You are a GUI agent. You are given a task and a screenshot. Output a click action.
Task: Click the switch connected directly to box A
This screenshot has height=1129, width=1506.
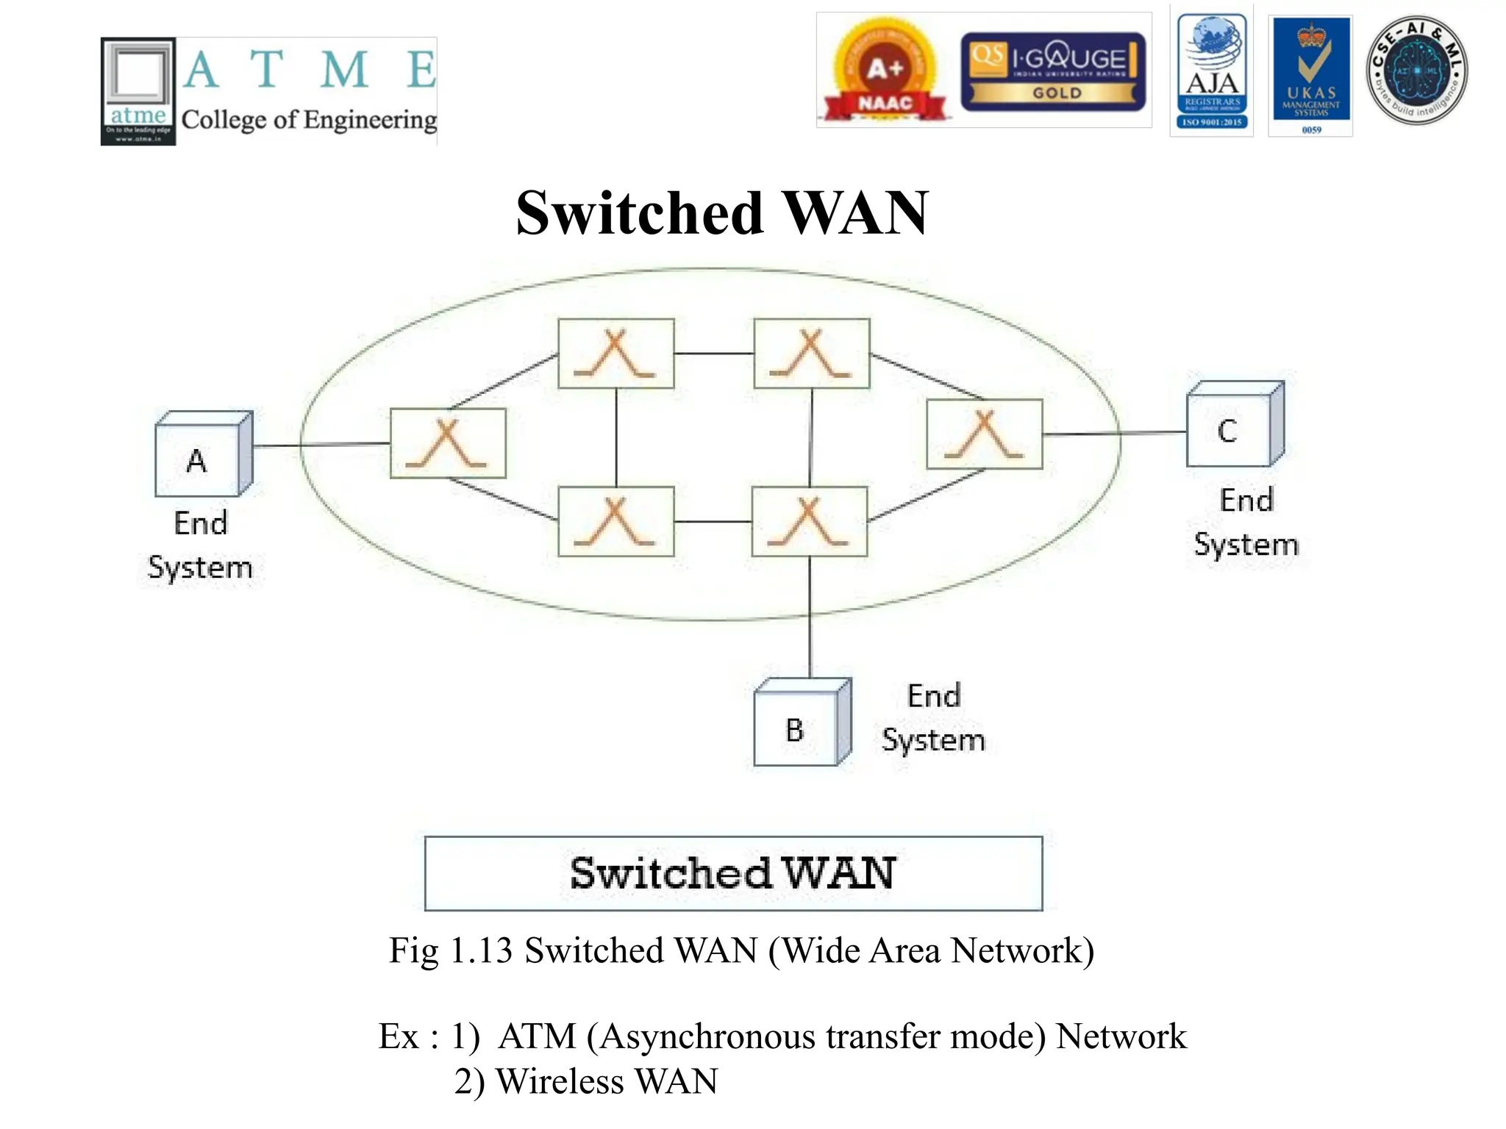(x=448, y=443)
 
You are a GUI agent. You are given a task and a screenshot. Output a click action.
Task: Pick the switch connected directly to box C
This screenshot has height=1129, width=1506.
(x=984, y=434)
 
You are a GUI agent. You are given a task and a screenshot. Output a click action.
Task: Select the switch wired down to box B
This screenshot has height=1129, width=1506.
(x=809, y=521)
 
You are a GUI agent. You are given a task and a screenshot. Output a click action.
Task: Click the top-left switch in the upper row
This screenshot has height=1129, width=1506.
(x=615, y=353)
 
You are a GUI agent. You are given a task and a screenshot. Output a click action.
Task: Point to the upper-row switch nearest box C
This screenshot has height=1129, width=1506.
(x=811, y=353)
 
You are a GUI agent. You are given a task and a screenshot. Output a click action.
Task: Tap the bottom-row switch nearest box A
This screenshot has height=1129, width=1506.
(x=615, y=521)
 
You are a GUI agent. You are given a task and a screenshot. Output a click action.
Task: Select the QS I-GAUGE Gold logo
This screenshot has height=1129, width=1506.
(x=1052, y=72)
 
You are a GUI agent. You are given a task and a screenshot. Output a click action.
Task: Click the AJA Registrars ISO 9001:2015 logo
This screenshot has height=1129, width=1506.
(x=1212, y=72)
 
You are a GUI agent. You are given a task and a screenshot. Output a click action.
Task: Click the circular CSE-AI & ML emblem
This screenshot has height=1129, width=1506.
(x=1416, y=71)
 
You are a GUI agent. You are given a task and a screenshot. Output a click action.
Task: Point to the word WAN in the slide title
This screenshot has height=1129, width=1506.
(x=856, y=213)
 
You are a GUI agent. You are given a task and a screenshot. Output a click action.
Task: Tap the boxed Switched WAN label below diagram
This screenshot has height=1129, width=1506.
(x=733, y=873)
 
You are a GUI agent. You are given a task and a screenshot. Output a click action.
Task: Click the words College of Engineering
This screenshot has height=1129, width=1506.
(x=309, y=120)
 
